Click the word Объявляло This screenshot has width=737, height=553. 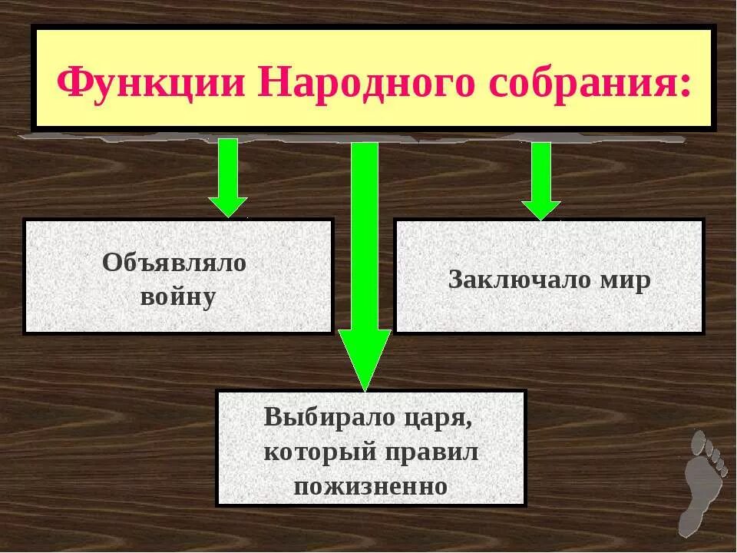(174, 263)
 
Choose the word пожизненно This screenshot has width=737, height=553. (370, 486)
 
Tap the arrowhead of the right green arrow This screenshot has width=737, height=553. (541, 209)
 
